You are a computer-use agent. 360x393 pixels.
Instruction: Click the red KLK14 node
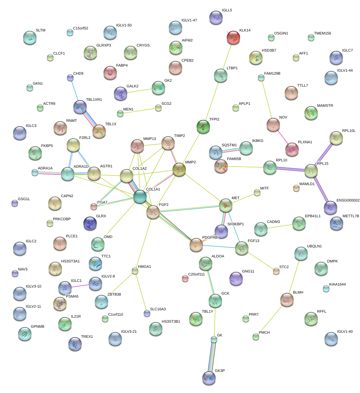click(234, 37)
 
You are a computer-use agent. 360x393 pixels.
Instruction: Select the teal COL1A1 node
click(140, 196)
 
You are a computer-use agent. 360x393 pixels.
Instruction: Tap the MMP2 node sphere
click(179, 169)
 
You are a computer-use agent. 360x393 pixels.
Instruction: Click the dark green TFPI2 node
click(203, 126)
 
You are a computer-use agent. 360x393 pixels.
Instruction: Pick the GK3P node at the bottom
click(209, 378)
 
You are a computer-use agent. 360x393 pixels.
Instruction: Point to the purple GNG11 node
click(236, 279)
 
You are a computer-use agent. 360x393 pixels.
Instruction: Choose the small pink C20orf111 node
click(185, 278)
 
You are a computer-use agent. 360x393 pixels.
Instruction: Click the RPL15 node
click(311, 171)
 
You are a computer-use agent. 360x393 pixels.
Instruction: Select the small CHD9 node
click(70, 78)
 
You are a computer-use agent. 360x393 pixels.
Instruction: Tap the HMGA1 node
click(135, 271)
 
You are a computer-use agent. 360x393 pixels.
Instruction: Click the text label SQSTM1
click(229, 145)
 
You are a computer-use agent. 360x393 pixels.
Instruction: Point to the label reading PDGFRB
click(210, 238)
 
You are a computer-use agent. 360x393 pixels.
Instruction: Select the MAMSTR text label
click(325, 106)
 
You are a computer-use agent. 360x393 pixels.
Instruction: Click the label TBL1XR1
click(94, 100)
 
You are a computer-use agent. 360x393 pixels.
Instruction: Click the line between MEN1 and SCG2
click(139, 111)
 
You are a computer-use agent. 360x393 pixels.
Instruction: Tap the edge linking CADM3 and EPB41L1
click(280, 227)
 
